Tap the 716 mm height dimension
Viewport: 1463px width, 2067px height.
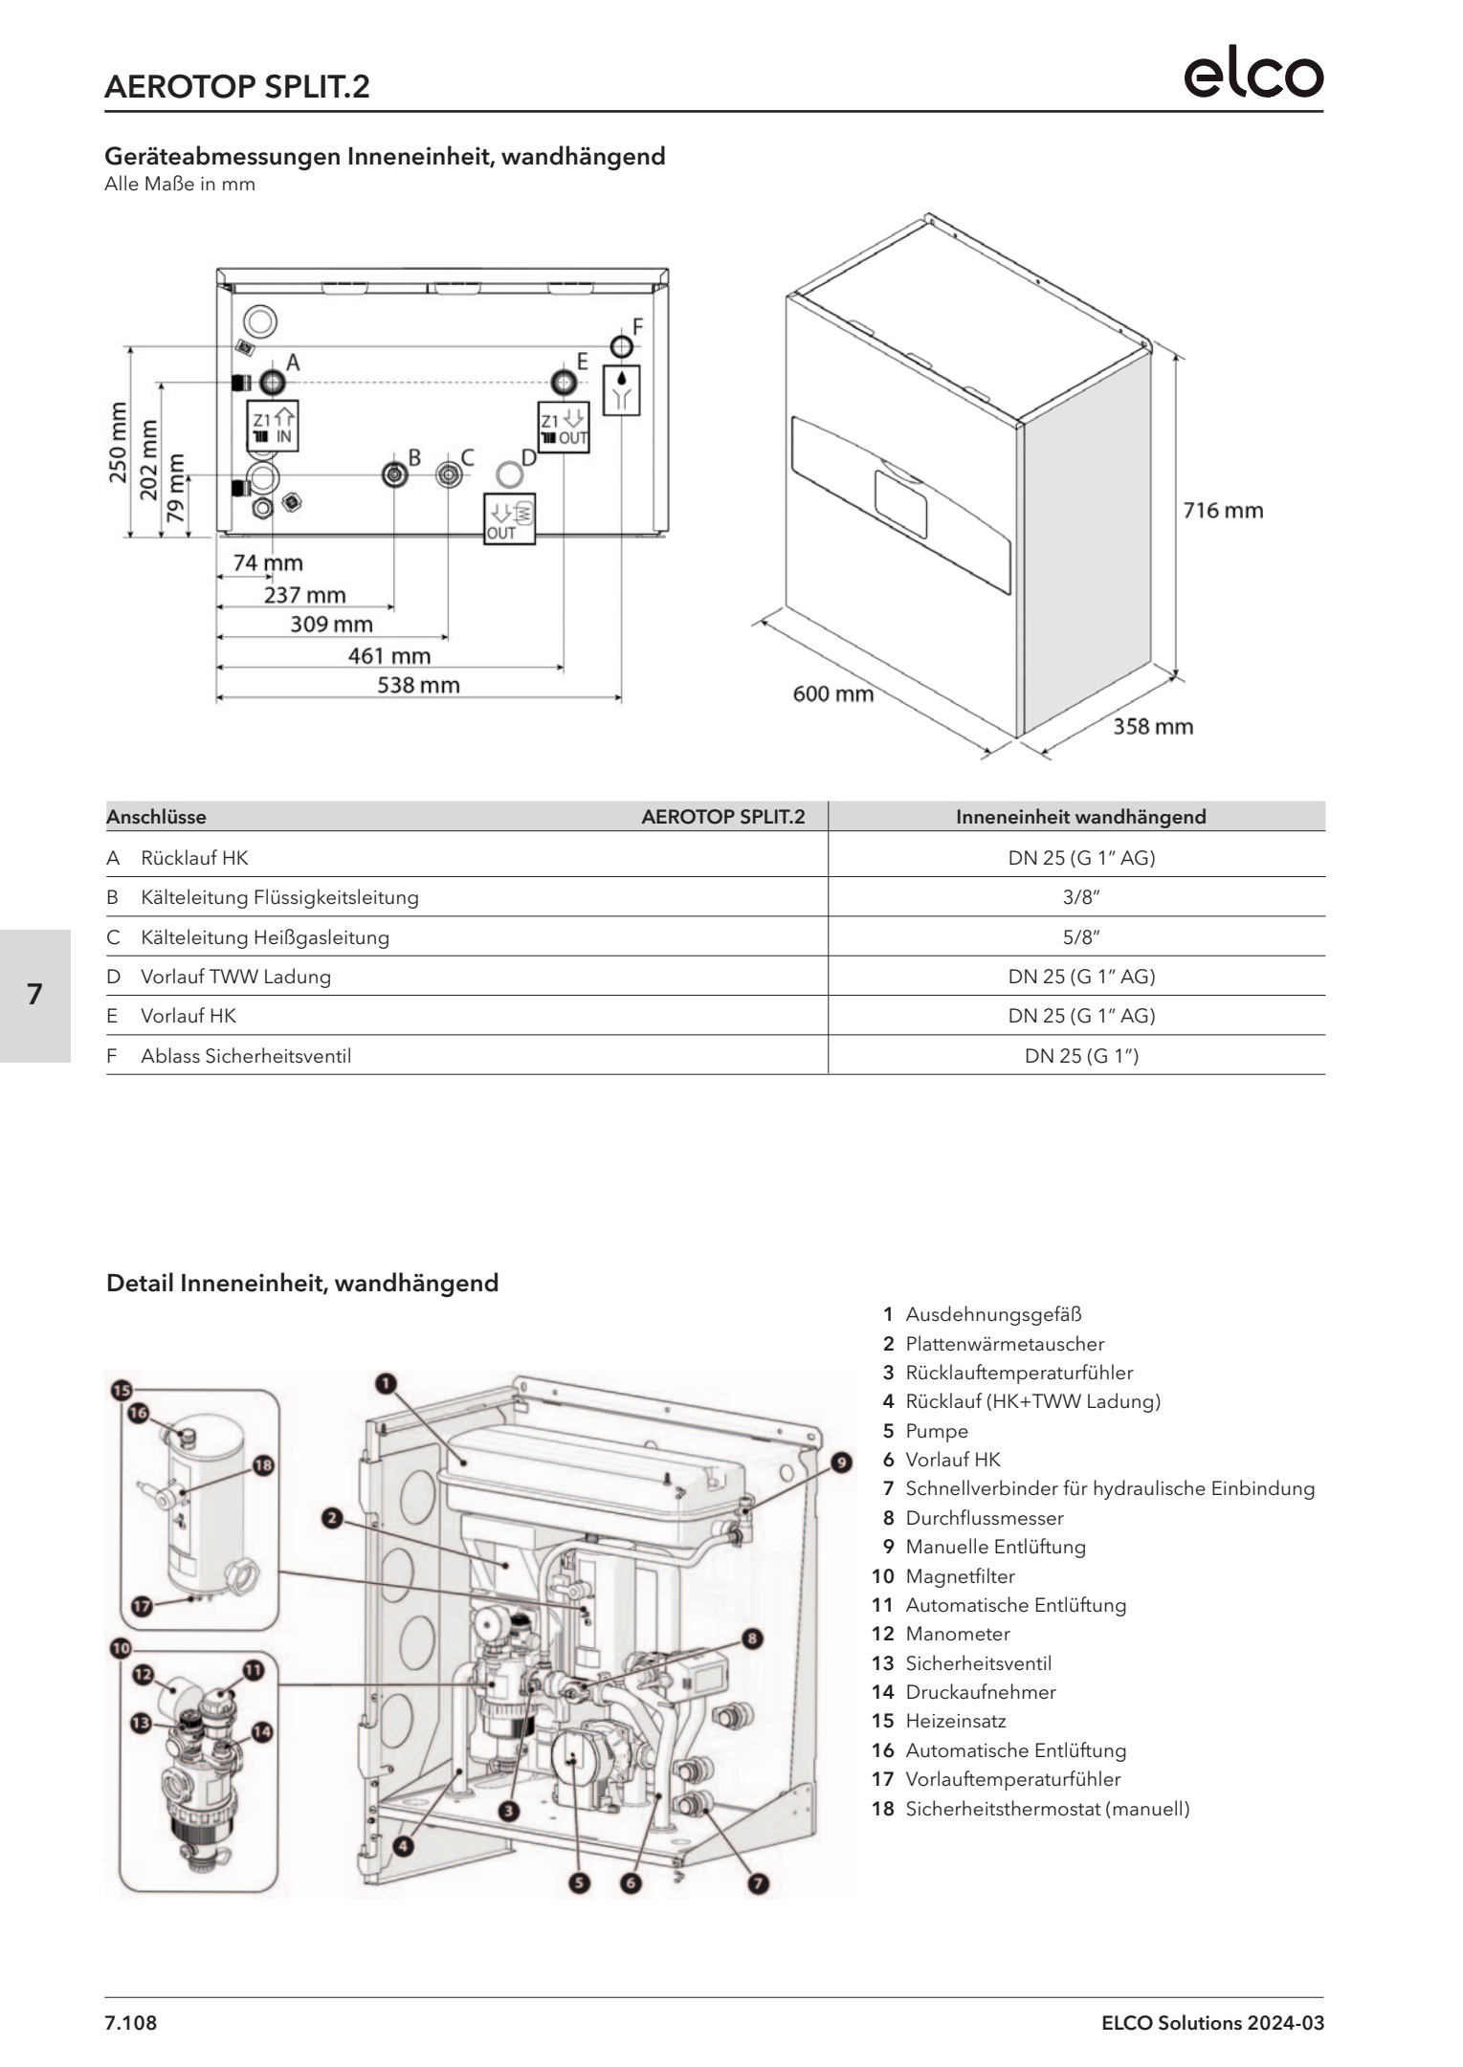coord(1223,511)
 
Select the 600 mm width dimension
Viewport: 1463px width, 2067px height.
coord(832,693)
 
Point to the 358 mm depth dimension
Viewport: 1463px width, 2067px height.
coord(1152,727)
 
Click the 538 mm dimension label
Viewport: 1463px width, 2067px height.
coord(419,685)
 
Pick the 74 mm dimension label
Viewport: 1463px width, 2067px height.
coord(268,562)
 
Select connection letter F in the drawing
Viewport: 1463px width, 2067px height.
coord(638,325)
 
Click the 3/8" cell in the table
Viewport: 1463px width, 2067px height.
coord(1080,897)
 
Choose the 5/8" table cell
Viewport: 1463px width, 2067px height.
coord(1080,937)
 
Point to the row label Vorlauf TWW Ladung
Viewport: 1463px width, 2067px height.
coord(235,977)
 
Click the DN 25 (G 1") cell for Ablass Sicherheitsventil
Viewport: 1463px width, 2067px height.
coord(1080,1056)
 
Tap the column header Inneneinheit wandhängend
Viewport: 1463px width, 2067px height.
coord(1080,817)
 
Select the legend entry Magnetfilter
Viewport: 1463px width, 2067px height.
coord(960,1576)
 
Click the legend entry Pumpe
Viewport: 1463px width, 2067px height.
coord(937,1431)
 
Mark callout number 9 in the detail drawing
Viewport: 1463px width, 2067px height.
coord(840,1462)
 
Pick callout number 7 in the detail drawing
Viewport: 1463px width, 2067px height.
coord(757,1883)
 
